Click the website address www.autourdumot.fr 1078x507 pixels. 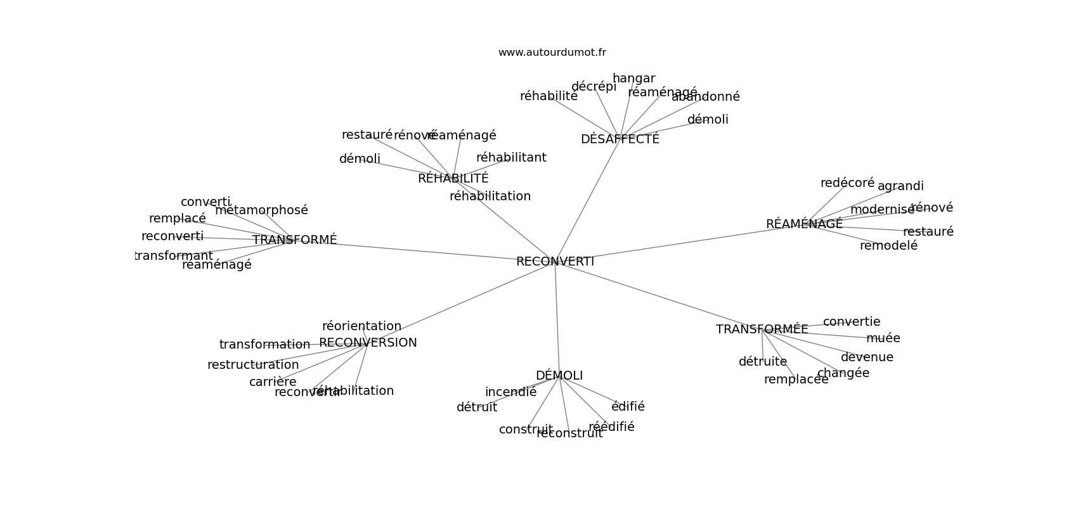click(552, 53)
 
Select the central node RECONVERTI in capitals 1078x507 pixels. click(555, 261)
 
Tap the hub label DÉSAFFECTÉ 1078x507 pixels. click(620, 139)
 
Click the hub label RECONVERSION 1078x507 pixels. click(368, 343)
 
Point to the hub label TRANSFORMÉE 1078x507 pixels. click(762, 330)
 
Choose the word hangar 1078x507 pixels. click(633, 79)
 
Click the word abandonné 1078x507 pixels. click(706, 97)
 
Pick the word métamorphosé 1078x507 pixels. click(261, 210)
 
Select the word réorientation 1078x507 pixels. click(361, 326)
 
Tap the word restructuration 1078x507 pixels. click(253, 365)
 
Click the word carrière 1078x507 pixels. click(273, 382)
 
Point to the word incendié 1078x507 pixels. click(510, 392)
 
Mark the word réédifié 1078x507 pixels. click(611, 427)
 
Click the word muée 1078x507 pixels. click(883, 338)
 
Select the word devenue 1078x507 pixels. click(867, 357)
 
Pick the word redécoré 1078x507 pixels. click(847, 183)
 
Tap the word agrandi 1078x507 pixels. click(900, 186)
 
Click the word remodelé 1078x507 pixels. click(888, 246)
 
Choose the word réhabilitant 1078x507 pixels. click(511, 158)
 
